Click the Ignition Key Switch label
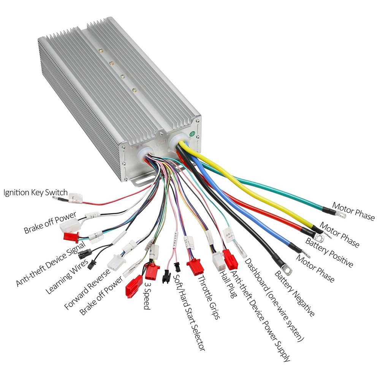(35, 192)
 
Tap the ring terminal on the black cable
(287, 270)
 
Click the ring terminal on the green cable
(341, 215)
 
